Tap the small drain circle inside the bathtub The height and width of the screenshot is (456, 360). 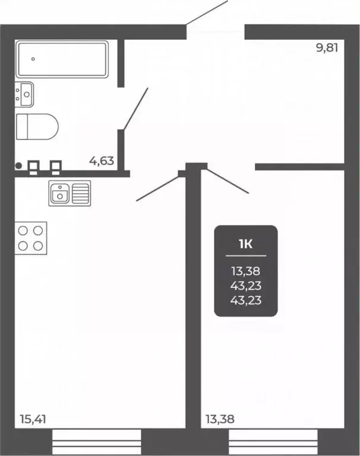tap(33, 59)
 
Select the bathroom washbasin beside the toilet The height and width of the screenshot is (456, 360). tap(25, 93)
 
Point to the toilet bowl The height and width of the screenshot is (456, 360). tap(37, 126)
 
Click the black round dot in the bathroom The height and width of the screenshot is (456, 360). tap(18, 166)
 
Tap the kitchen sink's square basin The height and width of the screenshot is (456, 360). tap(60, 193)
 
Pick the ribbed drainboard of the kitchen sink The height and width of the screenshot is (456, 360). tap(81, 193)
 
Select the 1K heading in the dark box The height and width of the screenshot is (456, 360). tap(246, 243)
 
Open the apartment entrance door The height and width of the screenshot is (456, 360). tap(207, 12)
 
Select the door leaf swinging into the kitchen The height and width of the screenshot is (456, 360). tap(158, 187)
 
